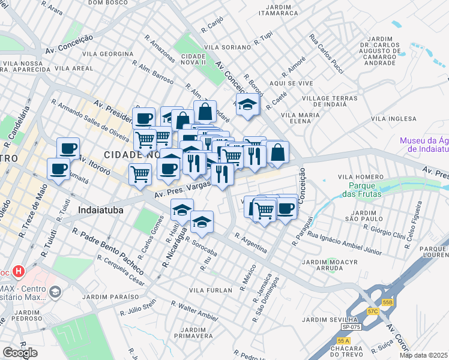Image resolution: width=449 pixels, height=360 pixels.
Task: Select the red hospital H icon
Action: pyautogui.click(x=19, y=272)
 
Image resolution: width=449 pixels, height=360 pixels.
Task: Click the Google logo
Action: pyautogui.click(x=20, y=353)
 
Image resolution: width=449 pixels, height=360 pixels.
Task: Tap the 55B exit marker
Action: pyautogui.click(x=388, y=303)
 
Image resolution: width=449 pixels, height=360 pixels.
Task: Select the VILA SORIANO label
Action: pyautogui.click(x=227, y=47)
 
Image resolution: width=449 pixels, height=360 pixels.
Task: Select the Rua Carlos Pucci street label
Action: pyautogui.click(x=327, y=53)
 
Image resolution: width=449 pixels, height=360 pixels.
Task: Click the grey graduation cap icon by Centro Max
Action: pyautogui.click(x=55, y=292)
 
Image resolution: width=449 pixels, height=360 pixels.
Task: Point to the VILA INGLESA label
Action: pyautogui.click(x=393, y=119)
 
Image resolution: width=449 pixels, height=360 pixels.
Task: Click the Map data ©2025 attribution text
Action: pyautogui.click(x=424, y=355)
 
